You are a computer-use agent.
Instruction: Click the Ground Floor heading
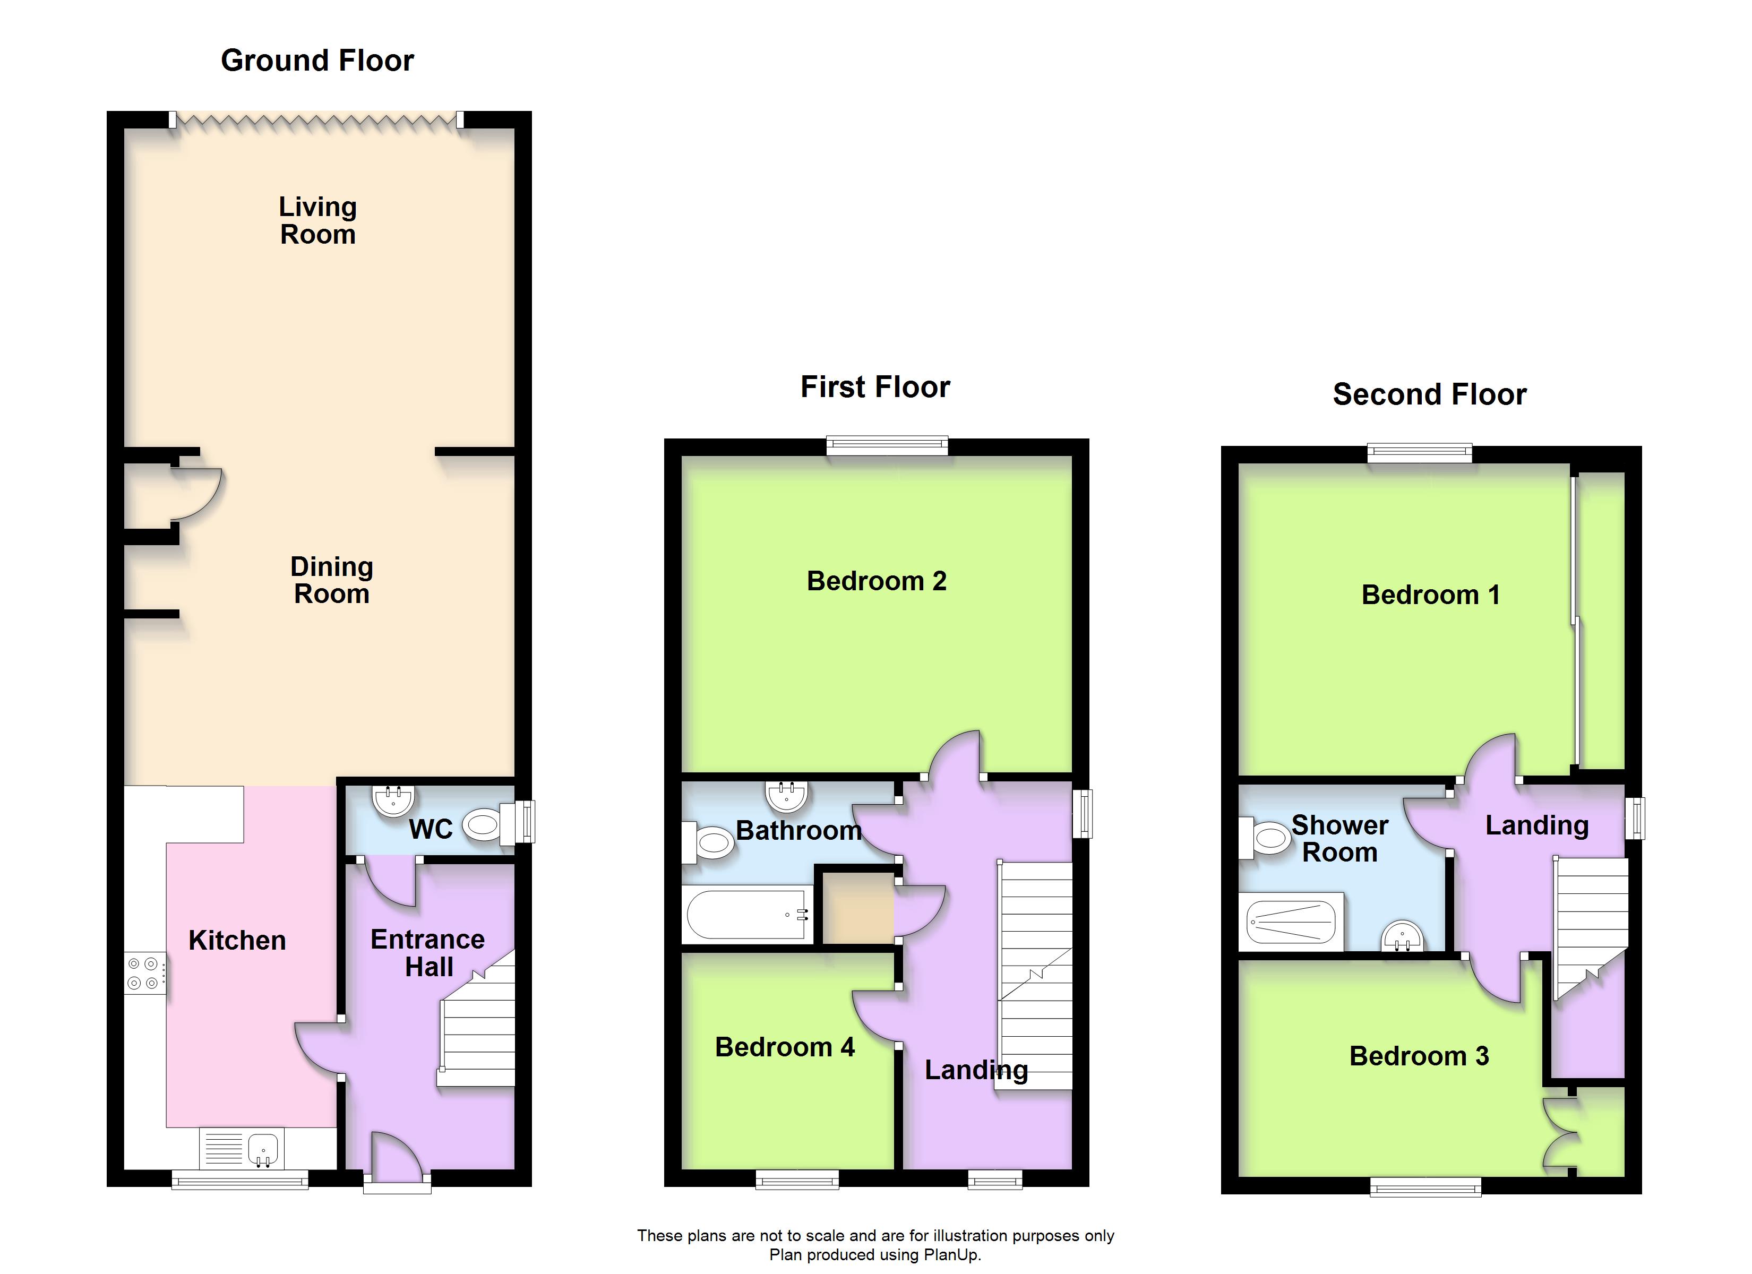coord(317,61)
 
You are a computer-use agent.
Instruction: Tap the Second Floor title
coord(1429,394)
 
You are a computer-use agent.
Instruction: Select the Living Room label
coord(317,220)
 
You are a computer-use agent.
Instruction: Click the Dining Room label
coord(331,580)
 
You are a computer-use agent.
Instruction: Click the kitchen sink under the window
coord(242,1149)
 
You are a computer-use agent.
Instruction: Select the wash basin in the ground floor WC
coord(393,800)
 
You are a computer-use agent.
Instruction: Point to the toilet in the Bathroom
coord(708,841)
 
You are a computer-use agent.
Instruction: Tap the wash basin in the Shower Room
coord(1402,936)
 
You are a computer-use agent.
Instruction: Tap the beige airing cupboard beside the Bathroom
coord(857,908)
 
